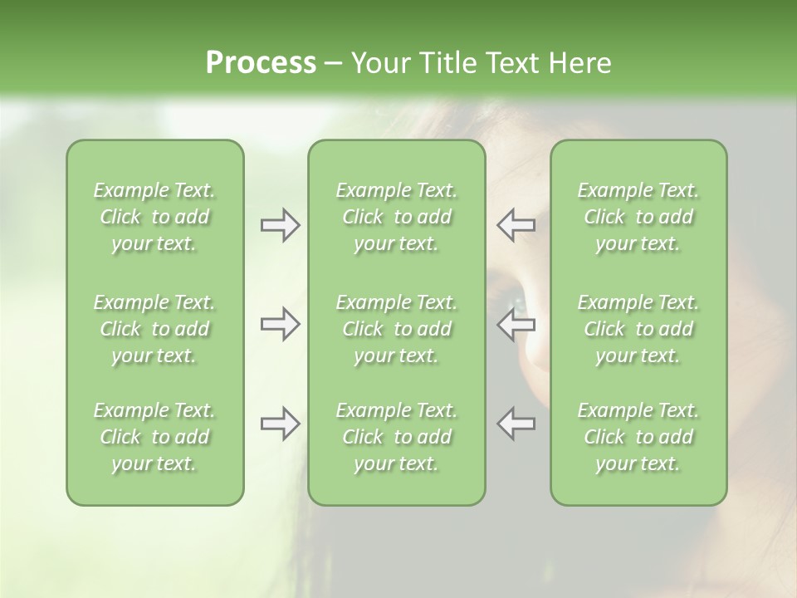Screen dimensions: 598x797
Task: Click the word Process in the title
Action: coord(261,63)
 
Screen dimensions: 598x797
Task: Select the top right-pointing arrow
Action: coord(280,225)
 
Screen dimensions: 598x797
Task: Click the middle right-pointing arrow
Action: coord(280,324)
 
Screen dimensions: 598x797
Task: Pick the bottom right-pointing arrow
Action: coord(280,424)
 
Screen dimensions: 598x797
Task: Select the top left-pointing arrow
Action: coord(516,225)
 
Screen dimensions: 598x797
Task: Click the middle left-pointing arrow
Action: coord(516,324)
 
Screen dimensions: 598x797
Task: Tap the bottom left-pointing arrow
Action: coord(516,424)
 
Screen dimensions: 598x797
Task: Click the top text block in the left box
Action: coord(154,217)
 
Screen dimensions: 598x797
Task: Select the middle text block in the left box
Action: coord(154,329)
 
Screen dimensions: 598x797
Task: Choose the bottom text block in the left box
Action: coord(154,437)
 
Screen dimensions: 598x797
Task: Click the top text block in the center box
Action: coord(397,217)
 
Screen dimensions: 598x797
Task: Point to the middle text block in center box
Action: coord(397,329)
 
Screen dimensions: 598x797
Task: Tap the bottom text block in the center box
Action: coord(397,437)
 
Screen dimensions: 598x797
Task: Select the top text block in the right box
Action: coord(638,217)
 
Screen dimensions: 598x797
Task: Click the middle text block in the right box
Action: coord(638,329)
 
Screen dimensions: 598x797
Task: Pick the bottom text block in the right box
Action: coord(638,437)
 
